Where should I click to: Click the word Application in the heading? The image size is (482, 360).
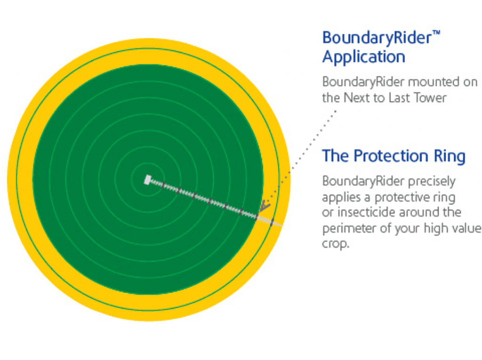point(364,58)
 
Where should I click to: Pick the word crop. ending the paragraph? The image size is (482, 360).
point(336,244)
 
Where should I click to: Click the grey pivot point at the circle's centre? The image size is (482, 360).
point(148,180)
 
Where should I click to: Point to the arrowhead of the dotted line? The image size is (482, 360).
point(264,206)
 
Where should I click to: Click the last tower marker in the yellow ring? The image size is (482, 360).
point(272,222)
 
